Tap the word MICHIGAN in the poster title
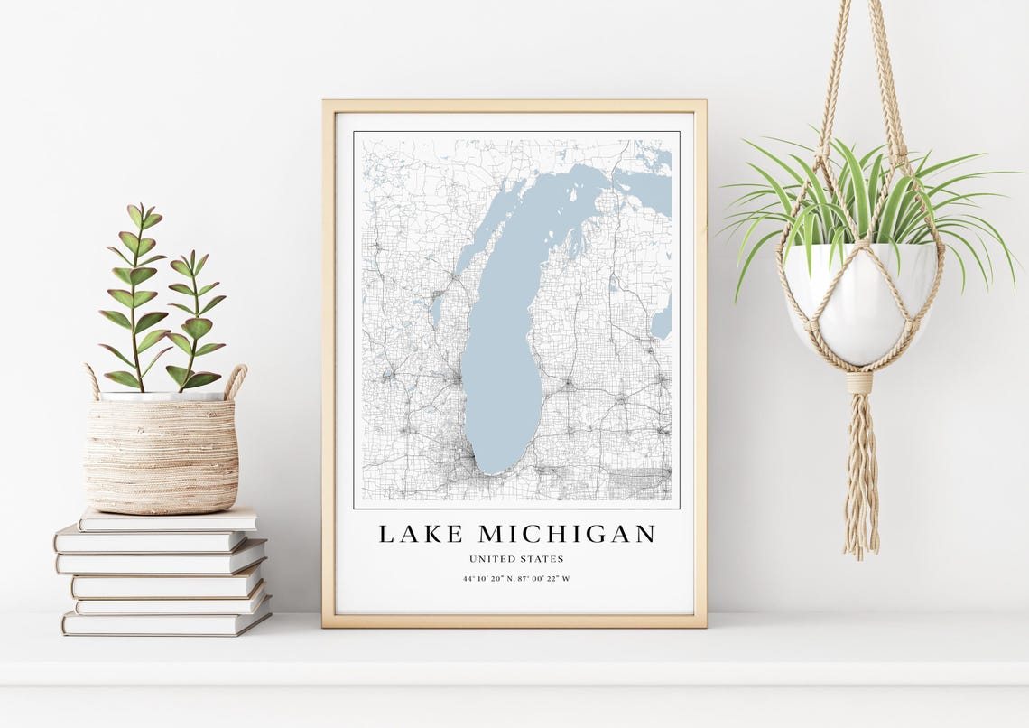click(567, 534)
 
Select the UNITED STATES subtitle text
click(516, 559)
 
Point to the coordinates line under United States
click(516, 579)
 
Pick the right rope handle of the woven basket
click(236, 380)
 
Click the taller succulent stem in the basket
click(136, 298)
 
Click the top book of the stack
click(168, 518)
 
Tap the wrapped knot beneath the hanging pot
click(859, 383)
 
